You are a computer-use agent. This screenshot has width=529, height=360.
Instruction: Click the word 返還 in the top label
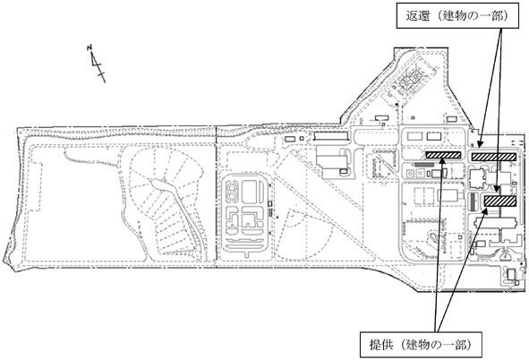pos(418,16)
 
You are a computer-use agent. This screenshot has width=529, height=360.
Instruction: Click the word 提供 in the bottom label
pos(381,345)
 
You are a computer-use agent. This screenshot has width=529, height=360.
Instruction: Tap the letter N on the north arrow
pos(90,47)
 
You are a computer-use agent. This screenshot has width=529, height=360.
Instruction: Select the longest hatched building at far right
pos(494,157)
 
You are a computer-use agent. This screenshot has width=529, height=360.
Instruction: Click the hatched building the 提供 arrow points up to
pos(443,155)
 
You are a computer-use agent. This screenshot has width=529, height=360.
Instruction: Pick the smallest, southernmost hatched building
pos(500,201)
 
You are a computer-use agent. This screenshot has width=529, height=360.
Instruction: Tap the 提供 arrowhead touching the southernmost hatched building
pos(485,212)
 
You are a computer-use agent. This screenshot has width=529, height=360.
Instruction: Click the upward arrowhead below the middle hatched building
pos(443,161)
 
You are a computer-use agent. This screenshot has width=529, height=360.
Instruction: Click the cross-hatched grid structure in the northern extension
pos(412,81)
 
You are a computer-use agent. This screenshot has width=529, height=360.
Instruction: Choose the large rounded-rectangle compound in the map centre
pos(245,213)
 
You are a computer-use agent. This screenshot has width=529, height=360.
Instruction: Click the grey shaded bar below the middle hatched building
pos(424,165)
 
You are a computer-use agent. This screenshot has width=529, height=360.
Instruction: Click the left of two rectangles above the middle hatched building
pos(414,137)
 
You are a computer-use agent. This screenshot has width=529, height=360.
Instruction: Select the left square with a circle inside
pos(410,174)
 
